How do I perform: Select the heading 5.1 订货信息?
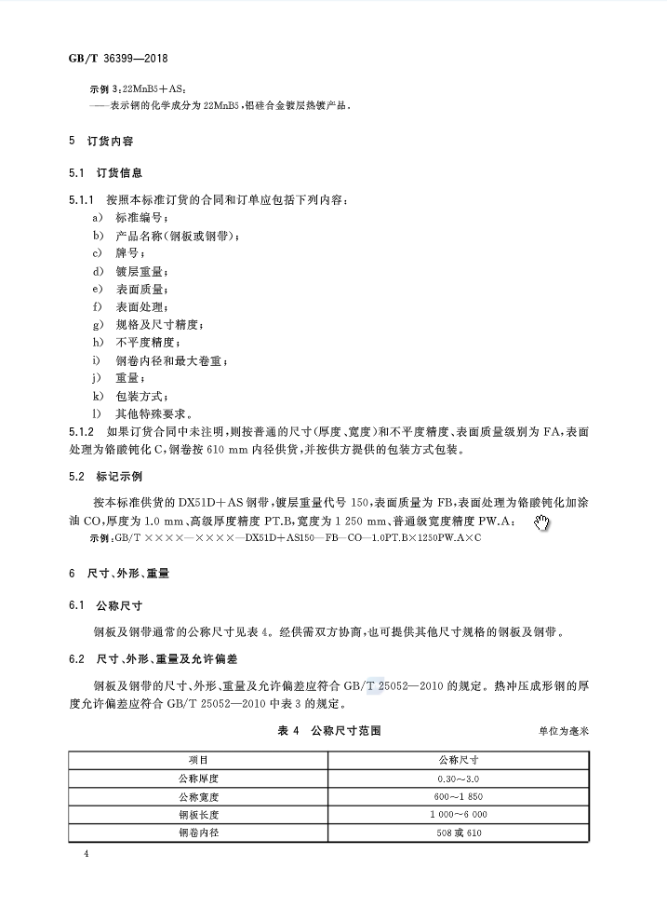click(105, 174)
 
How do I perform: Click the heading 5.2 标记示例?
click(105, 477)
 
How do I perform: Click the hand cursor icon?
click(542, 523)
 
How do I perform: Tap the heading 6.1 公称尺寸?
click(105, 605)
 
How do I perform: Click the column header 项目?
click(198, 760)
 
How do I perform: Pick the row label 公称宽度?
click(198, 796)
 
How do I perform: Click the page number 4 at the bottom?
click(86, 854)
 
